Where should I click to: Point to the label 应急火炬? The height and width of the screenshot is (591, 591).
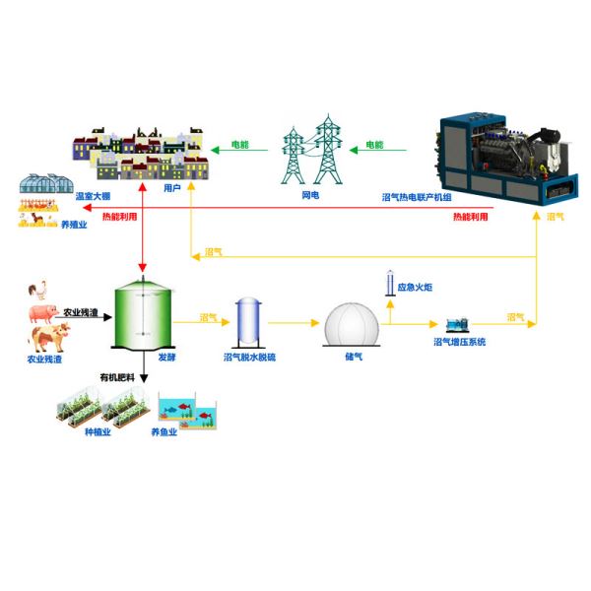coord(419,286)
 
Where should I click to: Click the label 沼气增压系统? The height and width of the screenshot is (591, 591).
coord(460,342)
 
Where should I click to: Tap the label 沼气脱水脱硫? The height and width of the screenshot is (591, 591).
coord(249,357)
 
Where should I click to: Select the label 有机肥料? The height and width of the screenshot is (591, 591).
coord(116,376)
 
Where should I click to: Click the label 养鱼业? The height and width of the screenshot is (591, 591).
coord(164,431)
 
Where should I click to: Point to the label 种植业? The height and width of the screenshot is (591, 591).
coord(98,431)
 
